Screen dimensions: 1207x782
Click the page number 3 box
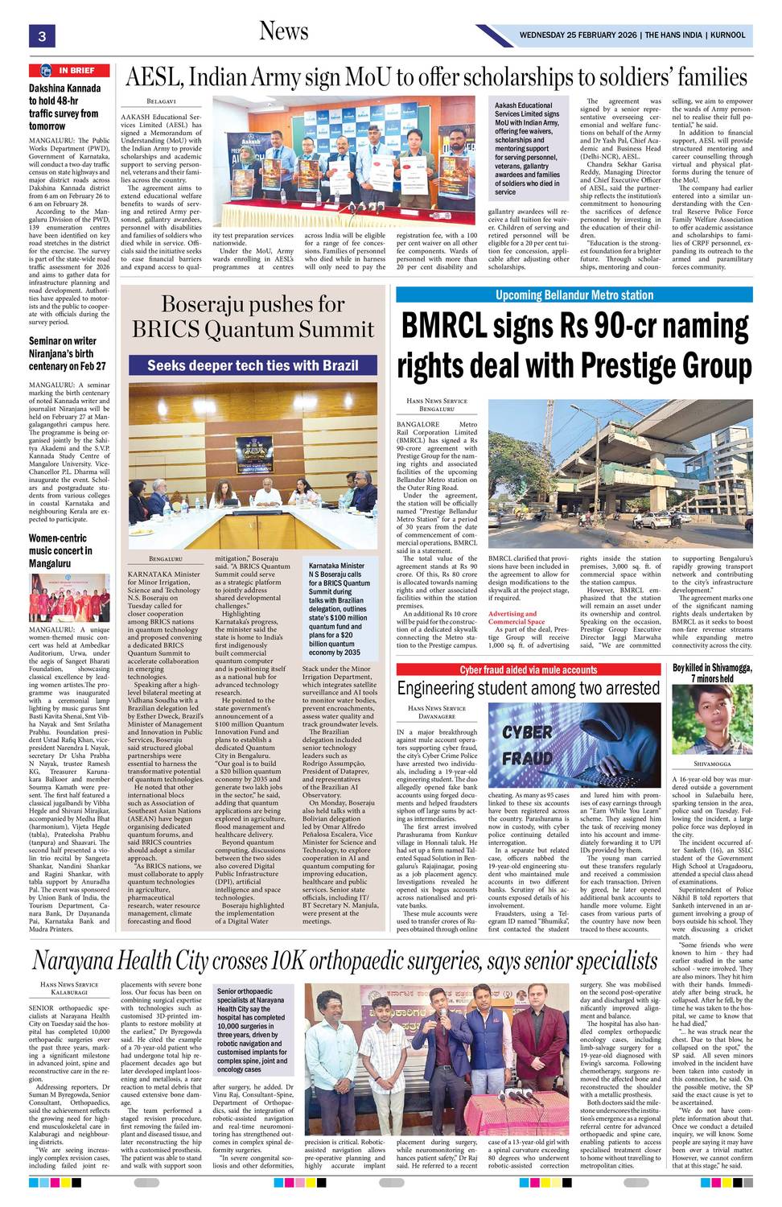click(41, 35)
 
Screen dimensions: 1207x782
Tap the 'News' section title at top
click(283, 31)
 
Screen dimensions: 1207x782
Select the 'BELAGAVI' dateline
click(162, 101)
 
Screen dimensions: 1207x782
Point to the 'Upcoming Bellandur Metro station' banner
click(574, 295)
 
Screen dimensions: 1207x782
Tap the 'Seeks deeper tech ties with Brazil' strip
click(253, 365)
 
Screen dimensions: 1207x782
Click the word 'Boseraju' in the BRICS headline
click(208, 304)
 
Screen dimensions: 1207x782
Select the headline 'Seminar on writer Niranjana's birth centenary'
click(68, 353)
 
